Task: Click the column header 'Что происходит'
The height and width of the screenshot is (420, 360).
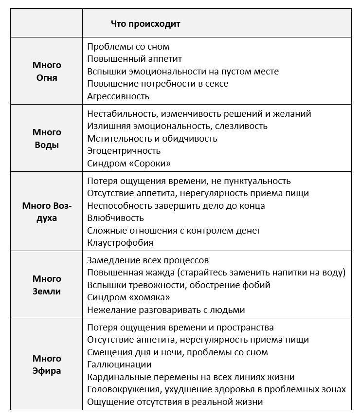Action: tap(145, 23)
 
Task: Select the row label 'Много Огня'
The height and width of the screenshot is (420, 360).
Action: tap(47, 71)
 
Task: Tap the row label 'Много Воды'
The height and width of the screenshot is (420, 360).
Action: tap(47, 138)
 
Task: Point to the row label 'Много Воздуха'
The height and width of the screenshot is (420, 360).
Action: tap(47, 212)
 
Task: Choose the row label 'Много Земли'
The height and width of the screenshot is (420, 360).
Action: tap(47, 285)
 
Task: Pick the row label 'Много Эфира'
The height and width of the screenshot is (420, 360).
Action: tap(47, 365)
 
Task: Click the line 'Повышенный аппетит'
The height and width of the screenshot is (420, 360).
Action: tap(134, 59)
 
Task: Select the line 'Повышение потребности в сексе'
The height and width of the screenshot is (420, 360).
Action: tap(158, 84)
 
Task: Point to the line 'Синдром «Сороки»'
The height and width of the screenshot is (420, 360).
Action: tap(129, 163)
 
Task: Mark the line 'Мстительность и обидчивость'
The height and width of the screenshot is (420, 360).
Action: tap(152, 139)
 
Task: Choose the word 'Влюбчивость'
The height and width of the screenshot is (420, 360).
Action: tap(115, 218)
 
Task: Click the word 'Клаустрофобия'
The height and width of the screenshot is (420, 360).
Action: tap(120, 242)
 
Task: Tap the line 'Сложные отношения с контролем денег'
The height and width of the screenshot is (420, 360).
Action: tap(174, 230)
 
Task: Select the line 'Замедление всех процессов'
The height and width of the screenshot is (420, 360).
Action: tap(148, 260)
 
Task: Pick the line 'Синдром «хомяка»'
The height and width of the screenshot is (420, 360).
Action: tap(128, 297)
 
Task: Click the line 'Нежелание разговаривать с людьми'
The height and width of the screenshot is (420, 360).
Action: tap(166, 310)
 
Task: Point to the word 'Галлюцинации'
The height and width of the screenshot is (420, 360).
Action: tap(119, 364)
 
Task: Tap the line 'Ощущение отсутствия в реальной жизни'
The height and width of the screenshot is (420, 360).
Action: tap(175, 402)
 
